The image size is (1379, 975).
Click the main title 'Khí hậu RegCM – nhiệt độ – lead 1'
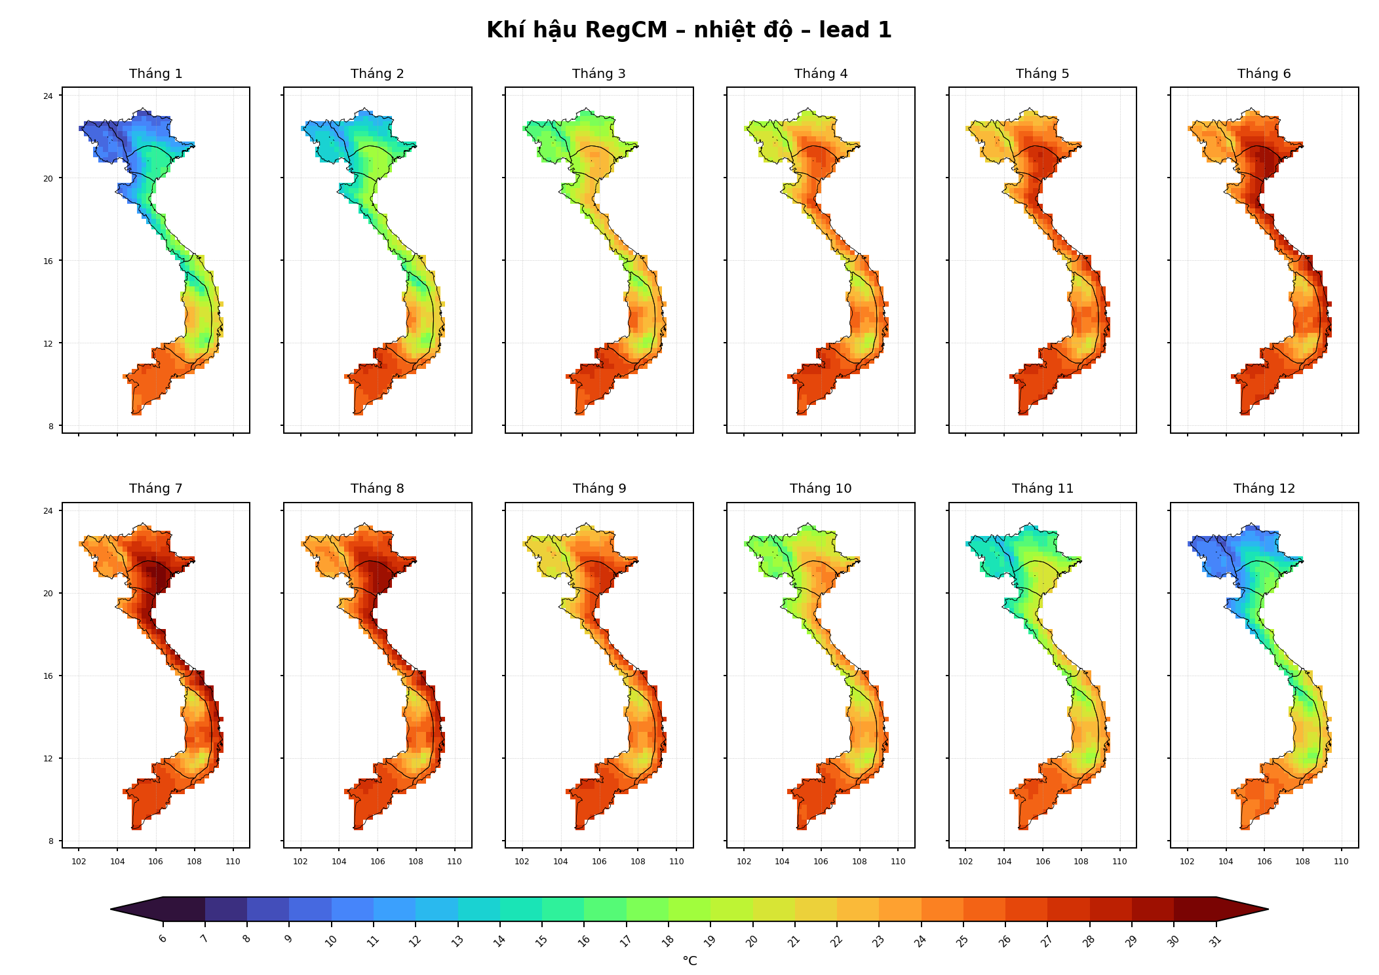point(689,30)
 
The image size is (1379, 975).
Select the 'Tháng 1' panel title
point(156,73)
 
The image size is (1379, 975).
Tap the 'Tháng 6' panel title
point(1264,73)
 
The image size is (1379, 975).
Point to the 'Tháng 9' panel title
point(600,488)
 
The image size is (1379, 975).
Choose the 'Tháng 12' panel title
point(1264,488)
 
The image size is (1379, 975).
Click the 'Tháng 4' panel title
point(821,73)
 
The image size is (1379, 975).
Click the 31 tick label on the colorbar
point(1215,941)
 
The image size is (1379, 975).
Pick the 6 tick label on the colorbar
point(163,938)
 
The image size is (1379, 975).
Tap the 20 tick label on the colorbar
point(752,941)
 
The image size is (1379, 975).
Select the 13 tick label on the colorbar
point(457,941)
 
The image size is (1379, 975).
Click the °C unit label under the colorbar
point(689,961)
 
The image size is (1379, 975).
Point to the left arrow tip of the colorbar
point(111,909)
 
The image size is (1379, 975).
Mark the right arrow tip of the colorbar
point(1268,909)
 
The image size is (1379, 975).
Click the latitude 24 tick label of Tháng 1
point(49,96)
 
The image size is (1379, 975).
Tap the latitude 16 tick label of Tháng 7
point(49,676)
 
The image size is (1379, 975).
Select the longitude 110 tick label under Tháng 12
point(1341,862)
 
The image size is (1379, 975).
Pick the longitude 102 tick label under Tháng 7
point(79,862)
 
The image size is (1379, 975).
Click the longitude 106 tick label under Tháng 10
point(821,862)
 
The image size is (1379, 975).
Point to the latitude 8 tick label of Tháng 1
point(51,427)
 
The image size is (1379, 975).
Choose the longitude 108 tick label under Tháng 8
point(416,862)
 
